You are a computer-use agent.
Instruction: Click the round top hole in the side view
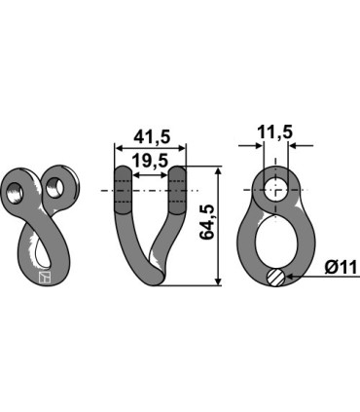[x=276, y=188]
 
